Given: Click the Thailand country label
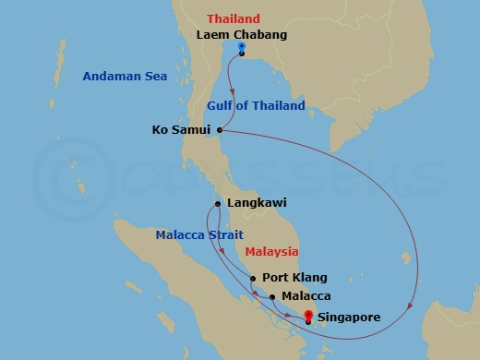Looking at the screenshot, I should click(x=234, y=18).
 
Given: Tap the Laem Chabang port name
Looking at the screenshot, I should click(x=242, y=35).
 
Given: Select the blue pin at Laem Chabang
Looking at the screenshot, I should click(x=241, y=48).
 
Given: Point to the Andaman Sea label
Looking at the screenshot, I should click(x=125, y=77).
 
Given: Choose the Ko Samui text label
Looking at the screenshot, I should click(x=181, y=130).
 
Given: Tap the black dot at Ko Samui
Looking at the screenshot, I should click(x=220, y=130).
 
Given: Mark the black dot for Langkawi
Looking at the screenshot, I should click(x=217, y=204).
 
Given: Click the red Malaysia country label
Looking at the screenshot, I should click(x=271, y=251).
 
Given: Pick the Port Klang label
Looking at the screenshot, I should click(x=295, y=277).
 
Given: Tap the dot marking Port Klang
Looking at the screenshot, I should click(x=253, y=277).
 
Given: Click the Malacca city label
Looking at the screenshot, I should click(x=306, y=296).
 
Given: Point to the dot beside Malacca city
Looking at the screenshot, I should click(x=272, y=296).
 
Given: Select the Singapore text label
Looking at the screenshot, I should click(x=350, y=317).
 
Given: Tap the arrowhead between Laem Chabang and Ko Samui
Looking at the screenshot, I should click(x=231, y=93).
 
